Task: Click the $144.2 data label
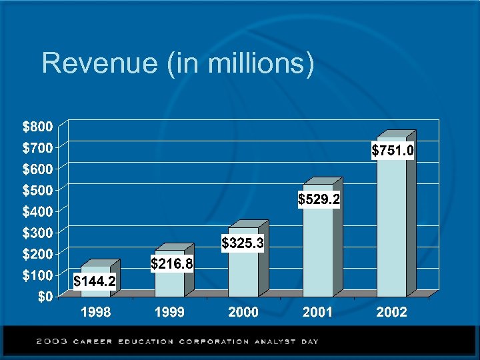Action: click(x=94, y=282)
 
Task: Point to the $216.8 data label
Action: click(x=172, y=264)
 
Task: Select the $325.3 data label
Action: click(x=243, y=244)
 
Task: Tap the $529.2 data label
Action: click(x=319, y=199)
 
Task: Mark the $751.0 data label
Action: click(x=393, y=151)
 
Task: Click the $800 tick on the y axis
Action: click(x=35, y=125)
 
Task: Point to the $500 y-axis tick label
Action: click(x=35, y=189)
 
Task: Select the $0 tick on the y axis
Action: click(x=43, y=297)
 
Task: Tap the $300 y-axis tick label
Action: click(x=35, y=232)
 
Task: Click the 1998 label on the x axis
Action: click(x=96, y=312)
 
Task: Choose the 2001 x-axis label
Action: click(x=317, y=312)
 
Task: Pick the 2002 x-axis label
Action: click(x=391, y=312)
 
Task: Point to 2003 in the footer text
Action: click(x=51, y=341)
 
